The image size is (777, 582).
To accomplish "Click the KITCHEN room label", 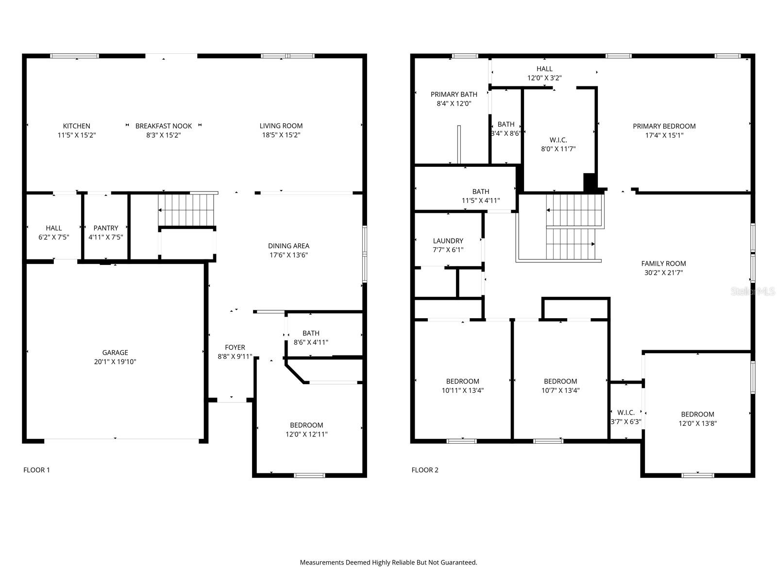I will pyautogui.click(x=77, y=126).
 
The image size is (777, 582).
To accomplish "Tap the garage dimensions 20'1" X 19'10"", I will pyautogui.click(x=115, y=362).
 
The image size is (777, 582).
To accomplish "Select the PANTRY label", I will pyautogui.click(x=106, y=228).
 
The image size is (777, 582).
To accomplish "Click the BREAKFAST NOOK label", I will pyautogui.click(x=164, y=126).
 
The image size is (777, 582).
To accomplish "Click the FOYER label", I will pyautogui.click(x=235, y=347).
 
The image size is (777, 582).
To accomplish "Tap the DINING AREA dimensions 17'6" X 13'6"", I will pyautogui.click(x=288, y=255).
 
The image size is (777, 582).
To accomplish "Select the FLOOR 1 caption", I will pyautogui.click(x=36, y=470).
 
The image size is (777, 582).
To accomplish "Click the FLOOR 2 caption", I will pyautogui.click(x=425, y=470).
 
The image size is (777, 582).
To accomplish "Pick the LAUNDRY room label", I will pyautogui.click(x=448, y=241).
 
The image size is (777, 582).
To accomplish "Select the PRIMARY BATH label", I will pyautogui.click(x=454, y=95).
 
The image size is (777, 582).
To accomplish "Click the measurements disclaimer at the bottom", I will pyautogui.click(x=388, y=563).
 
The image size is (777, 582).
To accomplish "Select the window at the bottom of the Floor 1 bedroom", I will pyautogui.click(x=309, y=475).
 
